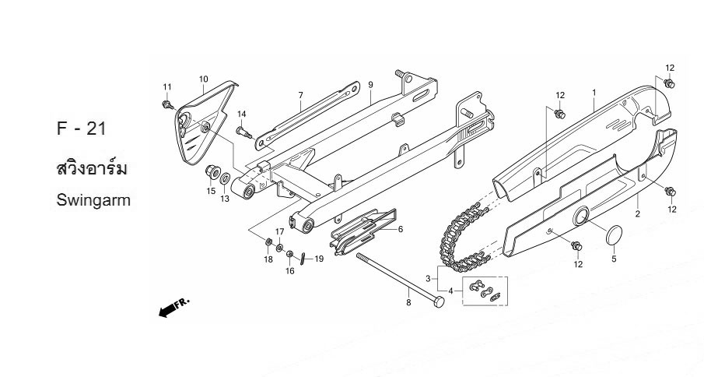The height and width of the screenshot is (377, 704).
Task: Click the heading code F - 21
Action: point(81,129)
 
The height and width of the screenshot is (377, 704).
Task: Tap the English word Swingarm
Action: point(93,200)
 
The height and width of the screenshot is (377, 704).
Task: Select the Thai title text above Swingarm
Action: point(92,168)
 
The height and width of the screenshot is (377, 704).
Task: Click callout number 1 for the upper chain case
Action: point(594,93)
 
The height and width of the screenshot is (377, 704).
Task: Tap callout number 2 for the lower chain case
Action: point(638,213)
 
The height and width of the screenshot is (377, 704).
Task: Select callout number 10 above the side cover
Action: point(204,79)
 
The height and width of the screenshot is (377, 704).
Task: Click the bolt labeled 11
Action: point(167,104)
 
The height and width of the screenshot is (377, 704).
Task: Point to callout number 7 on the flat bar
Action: point(299,95)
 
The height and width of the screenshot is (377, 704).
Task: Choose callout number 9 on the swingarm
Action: point(371,85)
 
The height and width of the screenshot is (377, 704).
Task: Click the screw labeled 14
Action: point(242,132)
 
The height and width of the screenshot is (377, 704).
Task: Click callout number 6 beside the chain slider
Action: point(400,230)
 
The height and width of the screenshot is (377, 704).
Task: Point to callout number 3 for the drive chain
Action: point(427,278)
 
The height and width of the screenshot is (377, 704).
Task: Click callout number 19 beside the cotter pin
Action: point(318,259)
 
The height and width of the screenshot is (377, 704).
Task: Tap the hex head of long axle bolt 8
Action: point(436,301)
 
